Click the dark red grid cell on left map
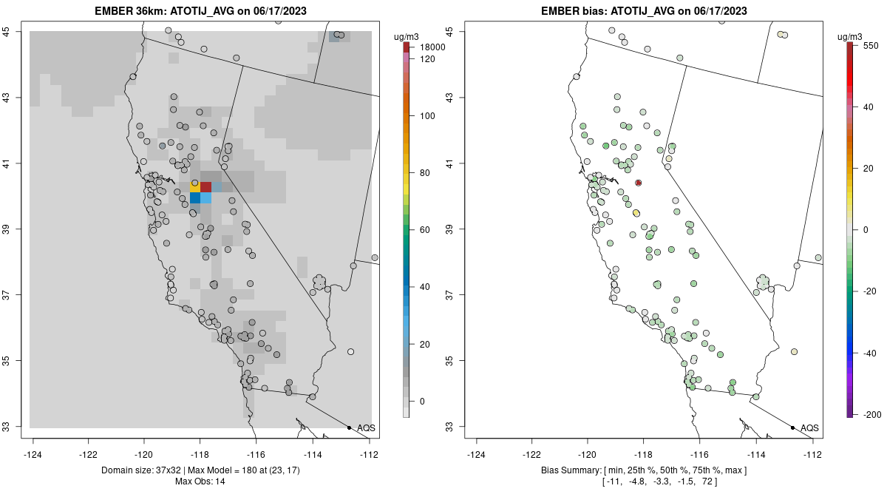click(x=206, y=186)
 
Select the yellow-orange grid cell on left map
click(x=195, y=186)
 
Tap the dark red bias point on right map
click(x=638, y=183)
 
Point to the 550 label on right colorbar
click(x=870, y=45)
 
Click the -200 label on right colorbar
click(x=872, y=414)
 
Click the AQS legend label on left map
click(x=366, y=428)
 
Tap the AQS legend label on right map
click(x=809, y=428)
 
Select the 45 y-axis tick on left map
click(x=14, y=31)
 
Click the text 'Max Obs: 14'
click(x=200, y=481)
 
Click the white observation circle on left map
click(x=350, y=351)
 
